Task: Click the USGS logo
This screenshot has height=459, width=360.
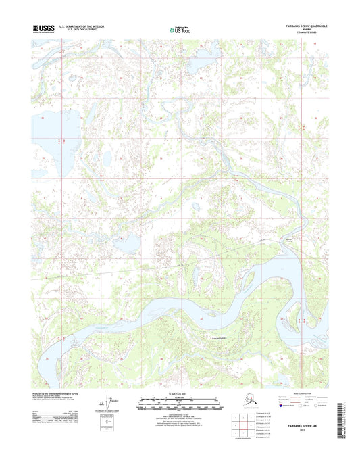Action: pyautogui.click(x=44, y=29)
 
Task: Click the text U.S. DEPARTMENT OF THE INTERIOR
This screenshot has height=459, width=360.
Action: pyautogui.click(x=82, y=26)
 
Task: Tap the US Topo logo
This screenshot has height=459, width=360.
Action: pyautogui.click(x=180, y=30)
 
